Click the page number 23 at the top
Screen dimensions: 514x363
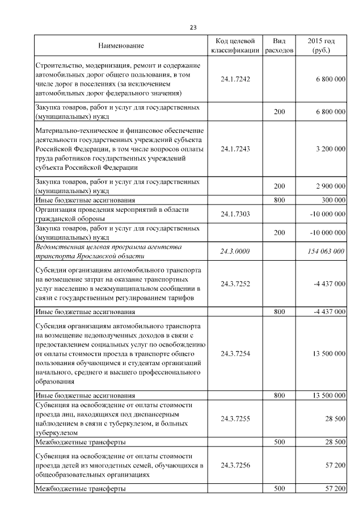192,27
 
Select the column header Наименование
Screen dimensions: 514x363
121,45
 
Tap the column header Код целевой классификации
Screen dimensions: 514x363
235,45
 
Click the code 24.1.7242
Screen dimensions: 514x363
235,80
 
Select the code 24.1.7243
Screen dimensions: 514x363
235,149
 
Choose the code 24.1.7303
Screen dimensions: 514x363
235,214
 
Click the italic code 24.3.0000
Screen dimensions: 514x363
235,251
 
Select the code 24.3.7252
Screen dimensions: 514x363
235,283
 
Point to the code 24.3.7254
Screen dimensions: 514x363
235,353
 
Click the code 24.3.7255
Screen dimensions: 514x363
235,419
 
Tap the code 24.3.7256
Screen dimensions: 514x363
235,465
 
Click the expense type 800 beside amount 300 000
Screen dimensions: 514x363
279,200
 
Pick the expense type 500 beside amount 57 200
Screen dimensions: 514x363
279,488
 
